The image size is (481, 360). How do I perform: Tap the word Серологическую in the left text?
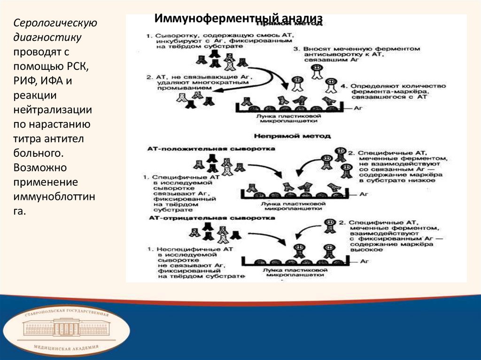point(55,23)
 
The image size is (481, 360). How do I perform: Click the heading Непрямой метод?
point(292,136)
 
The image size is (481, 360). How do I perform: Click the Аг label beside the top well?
point(362,107)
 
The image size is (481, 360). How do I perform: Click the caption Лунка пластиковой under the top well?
point(289,115)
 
